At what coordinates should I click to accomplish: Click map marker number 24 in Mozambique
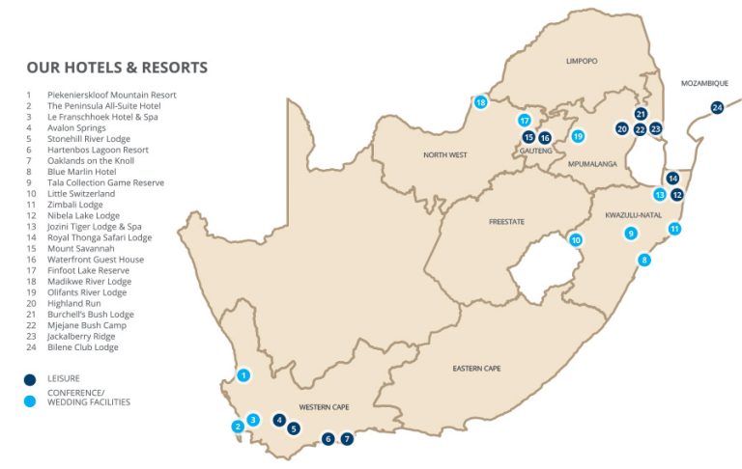tap(717, 107)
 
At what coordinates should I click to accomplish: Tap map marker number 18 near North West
tap(480, 102)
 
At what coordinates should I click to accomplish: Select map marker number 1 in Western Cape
tap(243, 375)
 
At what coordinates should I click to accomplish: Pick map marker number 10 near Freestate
tap(576, 240)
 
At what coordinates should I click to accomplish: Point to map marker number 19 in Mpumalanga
tap(578, 136)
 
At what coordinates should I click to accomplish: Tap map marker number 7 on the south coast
tap(348, 438)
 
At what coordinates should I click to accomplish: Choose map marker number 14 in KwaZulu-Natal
tap(672, 178)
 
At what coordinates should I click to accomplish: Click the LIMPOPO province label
tap(582, 61)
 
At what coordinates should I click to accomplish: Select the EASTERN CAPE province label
tap(476, 369)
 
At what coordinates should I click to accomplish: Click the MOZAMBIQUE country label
tap(705, 84)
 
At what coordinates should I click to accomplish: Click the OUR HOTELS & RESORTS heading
tap(117, 68)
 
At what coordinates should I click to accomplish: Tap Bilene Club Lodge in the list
tap(86, 347)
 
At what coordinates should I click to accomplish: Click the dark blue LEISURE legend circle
tap(31, 379)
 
